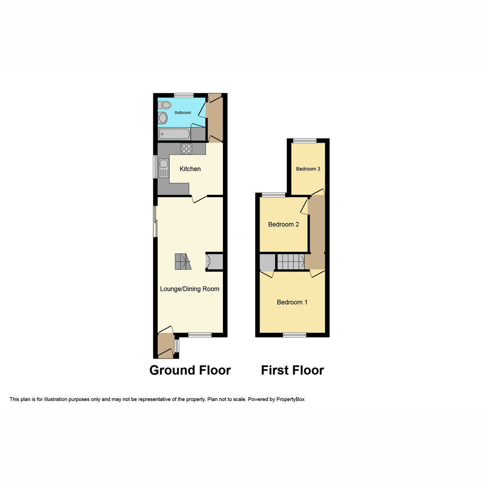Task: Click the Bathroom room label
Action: click(x=183, y=113)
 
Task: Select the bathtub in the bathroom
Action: click(x=174, y=134)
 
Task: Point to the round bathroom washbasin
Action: click(x=163, y=118)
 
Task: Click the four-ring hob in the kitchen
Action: click(x=186, y=149)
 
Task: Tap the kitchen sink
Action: click(x=163, y=164)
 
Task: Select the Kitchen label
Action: click(x=190, y=169)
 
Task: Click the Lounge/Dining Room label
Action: click(x=190, y=289)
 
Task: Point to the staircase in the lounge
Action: click(x=183, y=262)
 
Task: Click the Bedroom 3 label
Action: click(x=308, y=169)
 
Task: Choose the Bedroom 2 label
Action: click(x=284, y=225)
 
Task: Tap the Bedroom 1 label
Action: click(x=292, y=302)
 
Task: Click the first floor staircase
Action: click(x=290, y=262)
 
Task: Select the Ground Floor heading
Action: click(x=190, y=370)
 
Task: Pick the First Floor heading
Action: click(x=292, y=370)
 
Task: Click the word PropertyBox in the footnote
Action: click(x=290, y=399)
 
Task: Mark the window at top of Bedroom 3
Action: click(x=304, y=141)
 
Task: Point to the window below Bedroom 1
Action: click(x=294, y=335)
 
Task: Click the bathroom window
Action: click(x=184, y=96)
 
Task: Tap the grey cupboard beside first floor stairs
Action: click(x=267, y=262)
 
